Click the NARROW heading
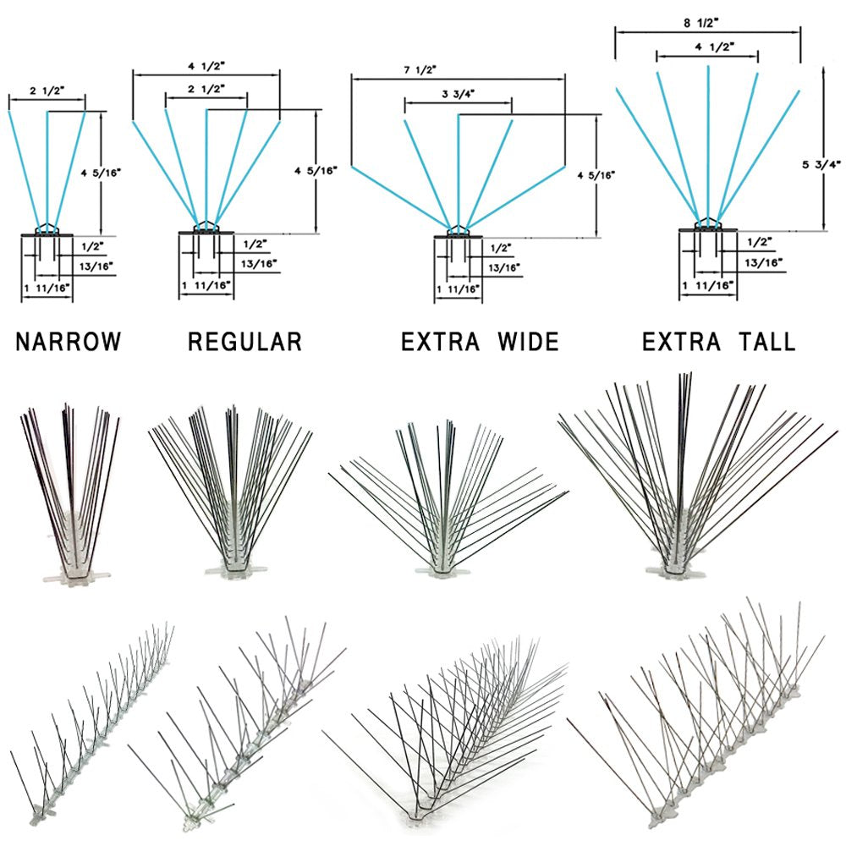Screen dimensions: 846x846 pos(69,342)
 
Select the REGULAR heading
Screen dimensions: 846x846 pos(244,342)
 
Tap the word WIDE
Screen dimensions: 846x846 pos(528,342)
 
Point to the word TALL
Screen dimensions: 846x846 pos(766,342)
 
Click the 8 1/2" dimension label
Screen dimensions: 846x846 pos(701,23)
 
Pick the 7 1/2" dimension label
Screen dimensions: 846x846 pos(420,69)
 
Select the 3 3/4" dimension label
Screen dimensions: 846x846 pos(458,94)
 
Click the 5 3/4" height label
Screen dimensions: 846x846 pos(821,164)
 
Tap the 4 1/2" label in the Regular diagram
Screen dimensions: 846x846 pos(206,66)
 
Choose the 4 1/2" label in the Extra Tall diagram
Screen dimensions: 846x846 pos(715,47)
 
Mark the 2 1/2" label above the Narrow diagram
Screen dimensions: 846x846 pos(47,91)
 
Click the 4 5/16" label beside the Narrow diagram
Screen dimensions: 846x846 pos(101,173)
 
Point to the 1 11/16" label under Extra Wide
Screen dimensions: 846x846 pos(458,289)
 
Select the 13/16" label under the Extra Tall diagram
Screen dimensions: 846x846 pos(763,262)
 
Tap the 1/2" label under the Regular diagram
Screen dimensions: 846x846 pos(255,244)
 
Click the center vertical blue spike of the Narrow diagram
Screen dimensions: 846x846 pos(47,172)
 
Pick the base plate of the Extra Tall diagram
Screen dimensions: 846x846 pos(708,230)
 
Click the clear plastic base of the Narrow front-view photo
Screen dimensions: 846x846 pos(77,573)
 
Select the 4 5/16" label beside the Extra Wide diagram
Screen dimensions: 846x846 pos(596,175)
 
